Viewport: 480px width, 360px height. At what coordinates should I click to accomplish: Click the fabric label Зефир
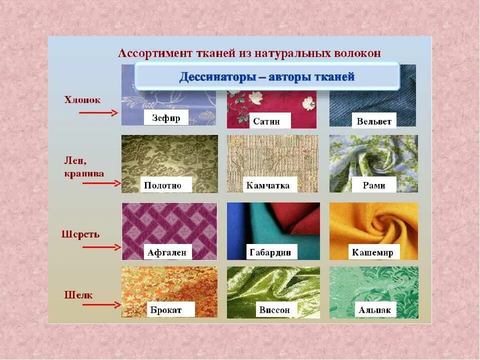pos(166,118)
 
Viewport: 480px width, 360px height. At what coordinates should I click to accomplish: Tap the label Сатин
pos(265,121)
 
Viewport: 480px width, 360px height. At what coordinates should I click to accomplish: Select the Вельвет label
pos(373,121)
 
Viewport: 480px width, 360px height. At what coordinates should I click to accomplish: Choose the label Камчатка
pos(268,185)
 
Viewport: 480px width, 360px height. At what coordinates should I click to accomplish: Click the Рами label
pos(374,185)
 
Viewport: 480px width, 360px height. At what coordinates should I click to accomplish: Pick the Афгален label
pos(166,252)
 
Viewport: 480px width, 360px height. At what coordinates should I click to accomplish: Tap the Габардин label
pos(269,252)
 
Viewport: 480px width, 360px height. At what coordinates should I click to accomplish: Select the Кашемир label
pos(372,252)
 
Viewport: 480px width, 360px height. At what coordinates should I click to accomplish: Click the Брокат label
pos(165,310)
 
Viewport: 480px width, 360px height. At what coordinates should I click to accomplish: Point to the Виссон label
pos(274,310)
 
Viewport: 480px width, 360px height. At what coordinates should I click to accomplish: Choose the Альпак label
pos(374,310)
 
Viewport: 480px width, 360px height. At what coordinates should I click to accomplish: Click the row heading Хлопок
pos(82,100)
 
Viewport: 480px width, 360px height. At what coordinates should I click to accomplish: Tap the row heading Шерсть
pos(80,234)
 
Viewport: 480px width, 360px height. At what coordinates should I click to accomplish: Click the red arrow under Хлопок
pos(98,113)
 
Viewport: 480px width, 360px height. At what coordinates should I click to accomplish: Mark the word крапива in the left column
pos(84,173)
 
